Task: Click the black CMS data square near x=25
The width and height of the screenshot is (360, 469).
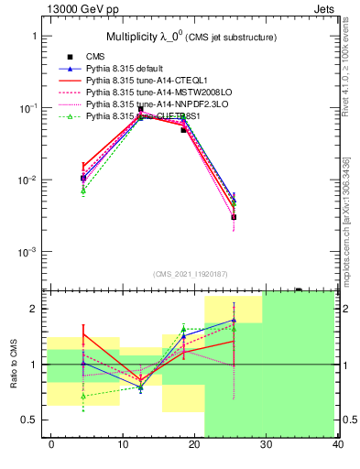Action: pyautogui.click(x=234, y=217)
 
